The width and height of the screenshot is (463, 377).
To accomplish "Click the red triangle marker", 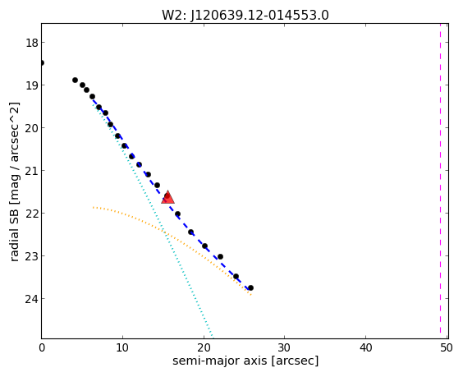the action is [167, 197].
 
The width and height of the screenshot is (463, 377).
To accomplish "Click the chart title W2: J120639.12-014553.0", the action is [245, 15].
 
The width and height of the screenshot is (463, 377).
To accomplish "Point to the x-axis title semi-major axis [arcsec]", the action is [245, 361].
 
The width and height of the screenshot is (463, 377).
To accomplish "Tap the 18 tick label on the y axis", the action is [31, 43].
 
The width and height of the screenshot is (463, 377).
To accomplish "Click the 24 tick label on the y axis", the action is [31, 299].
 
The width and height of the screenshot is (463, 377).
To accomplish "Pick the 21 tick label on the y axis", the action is [31, 171].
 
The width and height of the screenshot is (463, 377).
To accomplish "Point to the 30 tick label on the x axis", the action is [284, 348].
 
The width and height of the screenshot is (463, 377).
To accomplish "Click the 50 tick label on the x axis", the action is [446, 348].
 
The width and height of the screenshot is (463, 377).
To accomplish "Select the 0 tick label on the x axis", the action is [42, 348].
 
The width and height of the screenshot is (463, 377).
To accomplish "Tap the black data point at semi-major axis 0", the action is [42, 62].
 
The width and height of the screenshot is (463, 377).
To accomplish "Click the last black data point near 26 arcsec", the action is [250, 287].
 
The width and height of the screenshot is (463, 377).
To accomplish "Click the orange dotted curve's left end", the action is [93, 208].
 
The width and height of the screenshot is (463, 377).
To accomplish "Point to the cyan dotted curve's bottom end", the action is [213, 338].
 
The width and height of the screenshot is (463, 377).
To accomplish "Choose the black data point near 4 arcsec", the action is [75, 80].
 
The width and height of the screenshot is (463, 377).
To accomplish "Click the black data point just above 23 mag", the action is [220, 257].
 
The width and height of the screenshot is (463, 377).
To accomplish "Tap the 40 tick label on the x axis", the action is [365, 348].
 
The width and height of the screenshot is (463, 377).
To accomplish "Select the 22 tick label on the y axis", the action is [31, 214].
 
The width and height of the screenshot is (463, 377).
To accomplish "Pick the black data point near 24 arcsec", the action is [236, 277].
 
